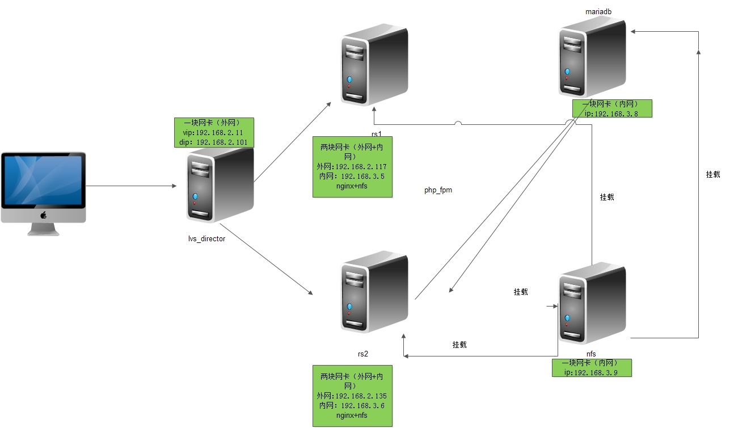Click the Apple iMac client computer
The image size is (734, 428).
43,190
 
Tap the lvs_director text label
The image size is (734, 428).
206,239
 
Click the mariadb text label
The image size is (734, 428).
598,11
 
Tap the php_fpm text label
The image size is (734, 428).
438,190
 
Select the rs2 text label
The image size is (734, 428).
363,354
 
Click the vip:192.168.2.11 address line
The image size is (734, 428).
213,132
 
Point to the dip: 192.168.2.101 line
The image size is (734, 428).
213,142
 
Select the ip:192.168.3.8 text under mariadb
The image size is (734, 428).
611,113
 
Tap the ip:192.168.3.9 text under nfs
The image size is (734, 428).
592,372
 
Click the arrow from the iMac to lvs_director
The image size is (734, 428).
130,186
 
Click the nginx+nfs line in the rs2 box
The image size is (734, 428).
352,415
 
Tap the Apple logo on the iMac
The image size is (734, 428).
43,215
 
